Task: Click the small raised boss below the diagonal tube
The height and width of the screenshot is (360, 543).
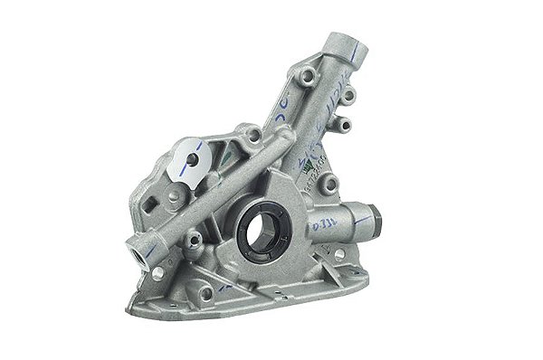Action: pos(193,240)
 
